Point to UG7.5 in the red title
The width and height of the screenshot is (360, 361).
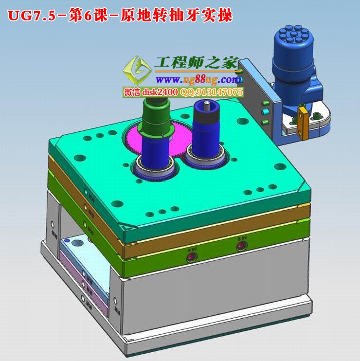pos(29,16)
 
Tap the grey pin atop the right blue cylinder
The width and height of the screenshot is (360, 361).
pos(206,104)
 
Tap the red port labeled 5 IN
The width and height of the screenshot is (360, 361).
pos(241,245)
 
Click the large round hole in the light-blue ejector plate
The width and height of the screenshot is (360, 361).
pos(77,240)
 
